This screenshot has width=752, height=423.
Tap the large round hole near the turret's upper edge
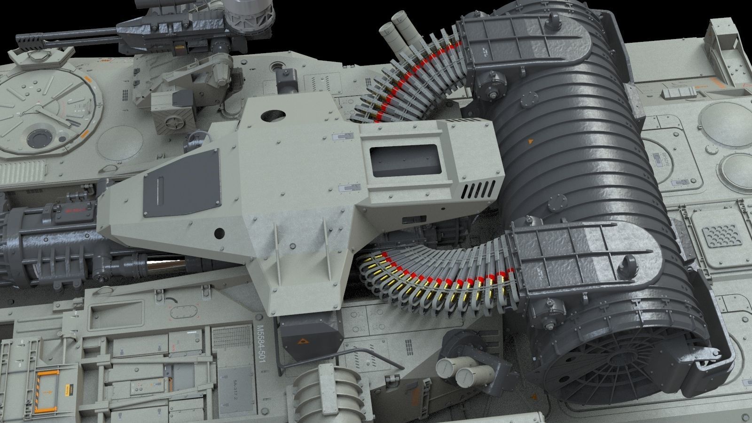[272, 115]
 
